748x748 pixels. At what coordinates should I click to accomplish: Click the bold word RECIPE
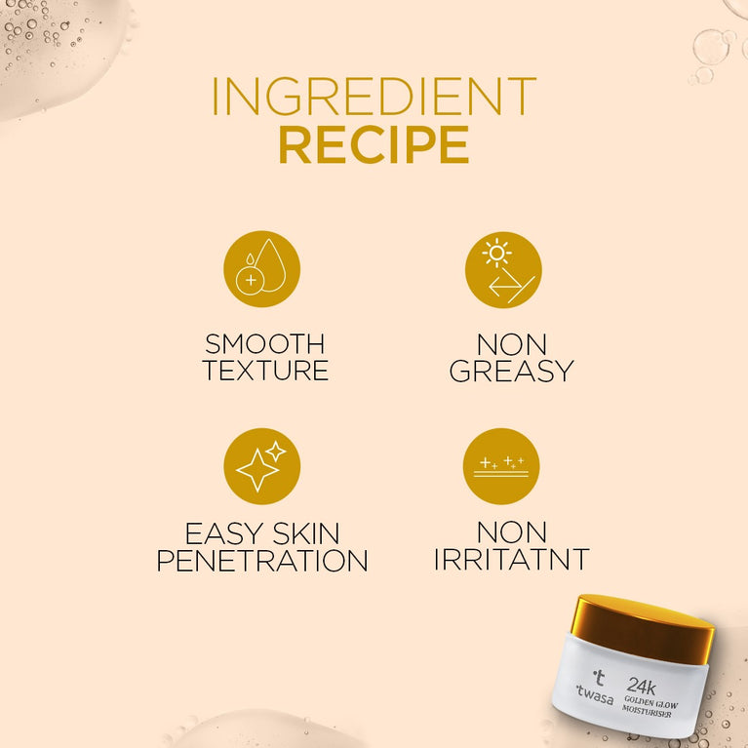coord(374,144)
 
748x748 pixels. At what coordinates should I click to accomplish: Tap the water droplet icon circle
coord(261,269)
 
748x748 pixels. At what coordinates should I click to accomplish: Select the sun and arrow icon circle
coord(502,269)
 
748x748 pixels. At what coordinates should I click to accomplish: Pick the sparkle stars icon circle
coord(261,466)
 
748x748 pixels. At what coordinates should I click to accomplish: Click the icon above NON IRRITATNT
coord(501,466)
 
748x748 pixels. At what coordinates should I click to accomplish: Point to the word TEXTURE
coord(264,371)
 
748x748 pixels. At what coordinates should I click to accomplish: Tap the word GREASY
coord(512,371)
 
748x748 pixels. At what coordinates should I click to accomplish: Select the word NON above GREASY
coord(512,344)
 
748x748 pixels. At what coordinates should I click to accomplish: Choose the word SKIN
coord(309,533)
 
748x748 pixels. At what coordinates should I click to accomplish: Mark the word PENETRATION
coord(262,561)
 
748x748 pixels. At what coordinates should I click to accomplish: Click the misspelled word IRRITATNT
coord(512,560)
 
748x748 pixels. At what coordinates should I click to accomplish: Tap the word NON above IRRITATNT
coord(512,532)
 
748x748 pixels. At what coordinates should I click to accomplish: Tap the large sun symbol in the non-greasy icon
coord(497,253)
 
